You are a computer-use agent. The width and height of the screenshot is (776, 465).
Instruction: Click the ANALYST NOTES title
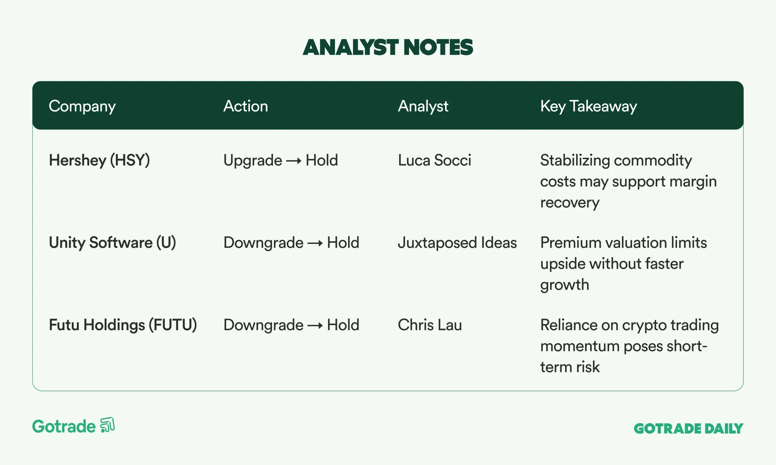point(388,47)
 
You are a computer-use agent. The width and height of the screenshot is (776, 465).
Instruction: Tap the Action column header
point(246,106)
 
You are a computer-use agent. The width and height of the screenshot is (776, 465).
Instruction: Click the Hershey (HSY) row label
point(99,160)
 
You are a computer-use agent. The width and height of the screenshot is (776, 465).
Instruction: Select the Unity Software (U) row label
point(113,243)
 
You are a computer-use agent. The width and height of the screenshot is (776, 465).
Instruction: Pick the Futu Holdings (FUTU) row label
point(123,325)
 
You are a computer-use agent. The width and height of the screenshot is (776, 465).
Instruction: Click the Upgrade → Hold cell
point(281,160)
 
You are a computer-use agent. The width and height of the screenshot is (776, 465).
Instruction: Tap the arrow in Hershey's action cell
point(294,161)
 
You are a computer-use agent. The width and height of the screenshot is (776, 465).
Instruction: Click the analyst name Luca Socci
point(435,160)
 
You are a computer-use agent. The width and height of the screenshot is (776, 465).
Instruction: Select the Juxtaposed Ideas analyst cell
point(457,243)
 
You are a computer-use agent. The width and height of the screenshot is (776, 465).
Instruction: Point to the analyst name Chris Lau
point(430,325)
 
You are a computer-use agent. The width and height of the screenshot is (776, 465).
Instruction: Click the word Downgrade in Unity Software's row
point(263,243)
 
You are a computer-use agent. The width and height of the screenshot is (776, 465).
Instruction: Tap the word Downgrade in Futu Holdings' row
point(263,325)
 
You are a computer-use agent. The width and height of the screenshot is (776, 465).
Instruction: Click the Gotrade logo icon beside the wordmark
point(107,425)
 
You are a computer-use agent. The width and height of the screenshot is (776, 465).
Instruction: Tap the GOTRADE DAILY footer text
point(688,429)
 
